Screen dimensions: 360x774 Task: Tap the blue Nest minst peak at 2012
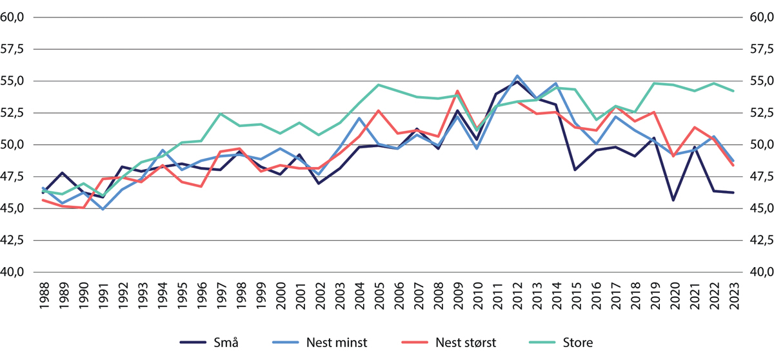pyautogui.click(x=517, y=75)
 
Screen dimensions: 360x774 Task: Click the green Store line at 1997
pyautogui.click(x=221, y=114)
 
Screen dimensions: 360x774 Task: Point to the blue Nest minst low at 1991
pyautogui.click(x=103, y=209)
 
